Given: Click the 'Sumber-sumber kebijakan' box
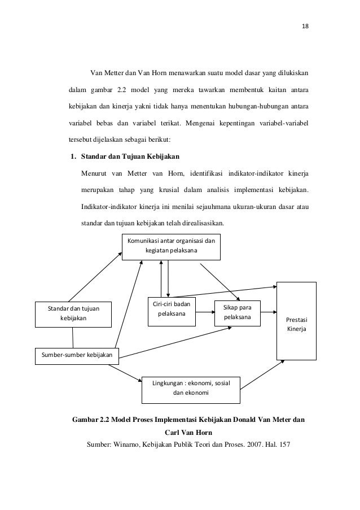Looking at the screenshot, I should point(74,355).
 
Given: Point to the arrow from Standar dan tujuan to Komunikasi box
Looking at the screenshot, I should point(95,276).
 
